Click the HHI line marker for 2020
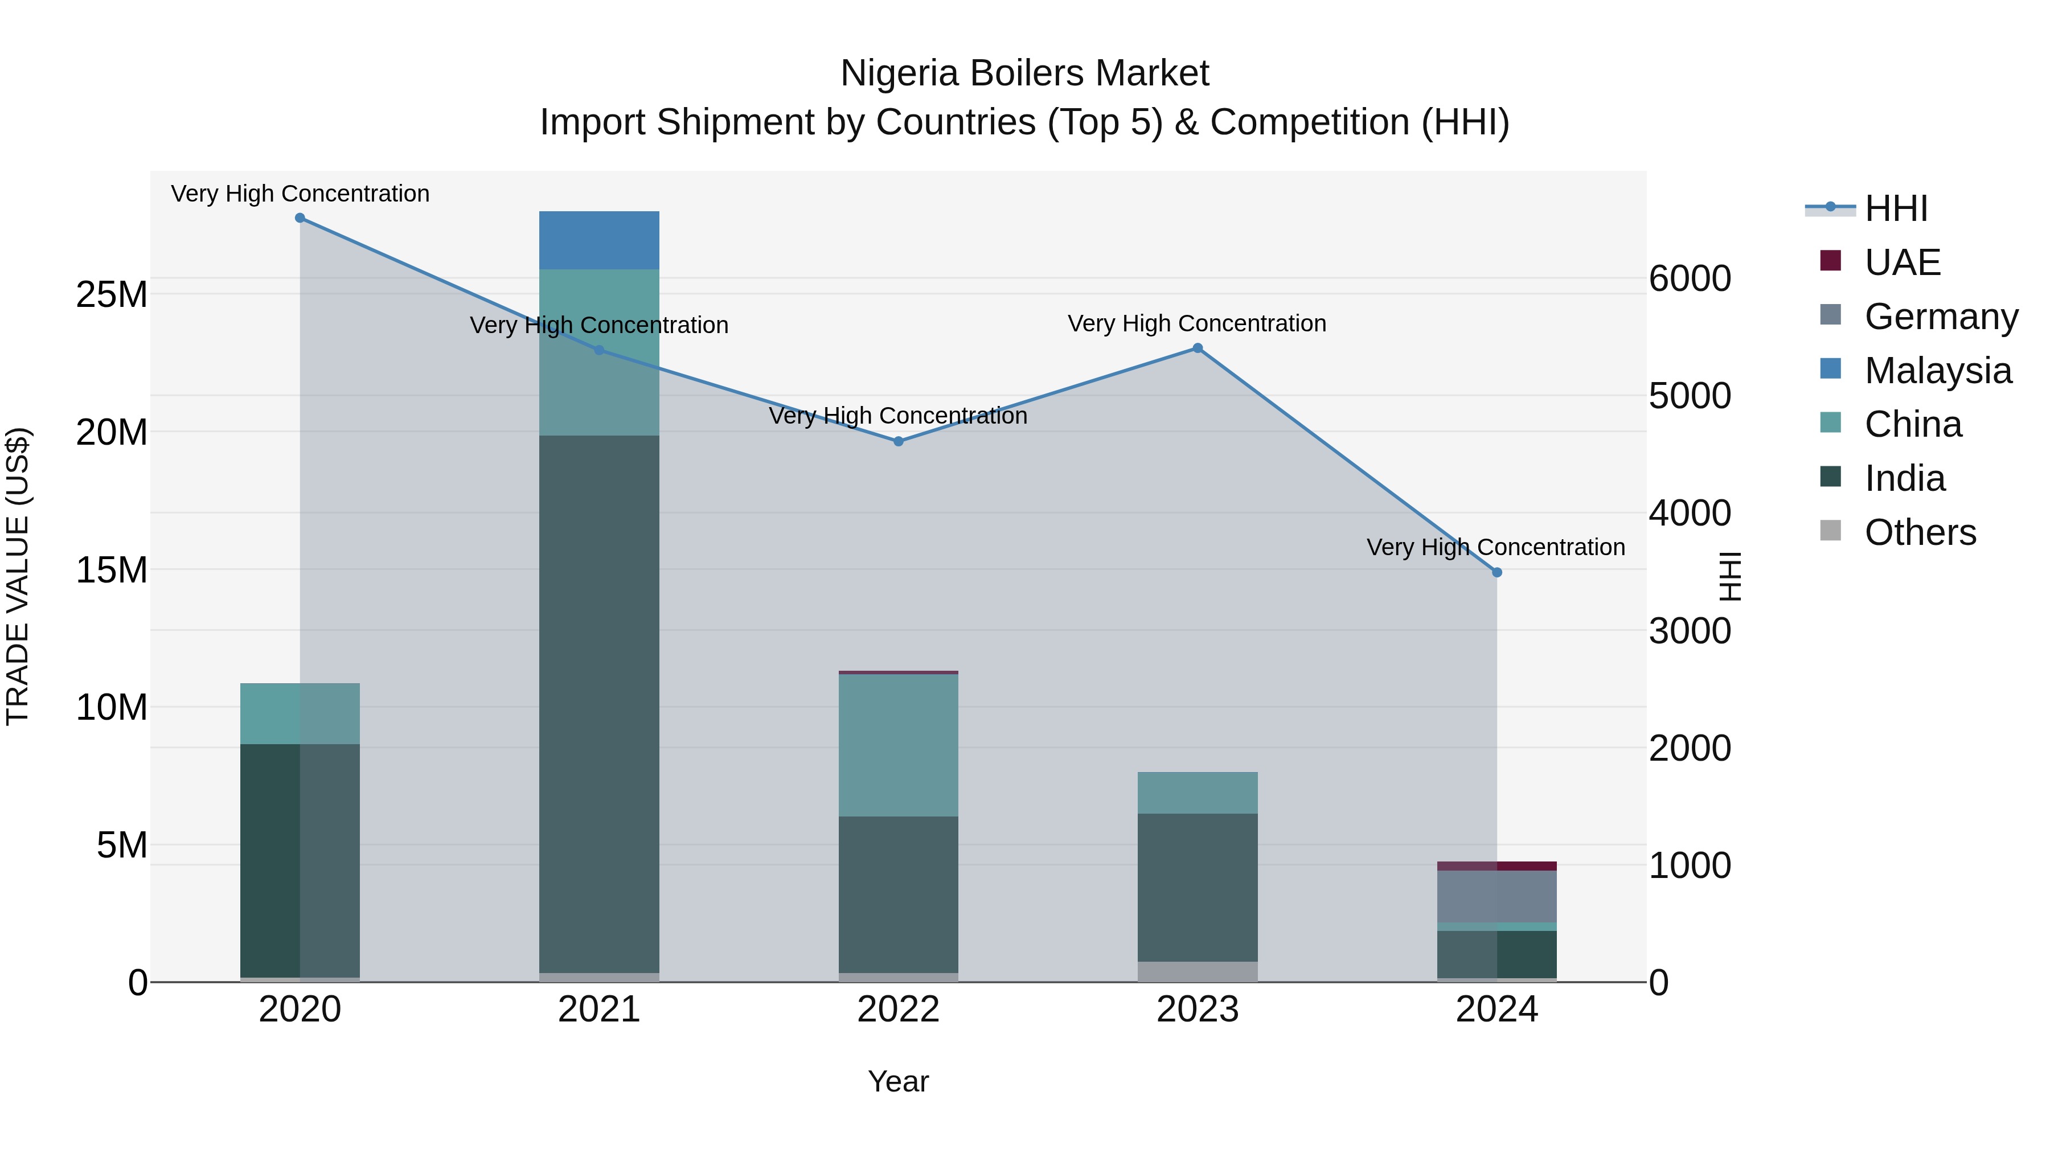click(x=300, y=218)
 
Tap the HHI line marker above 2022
click(x=899, y=441)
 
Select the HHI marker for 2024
click(x=1497, y=572)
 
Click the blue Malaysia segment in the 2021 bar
click(x=599, y=240)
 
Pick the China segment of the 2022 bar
click(x=899, y=745)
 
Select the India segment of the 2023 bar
click(x=1198, y=887)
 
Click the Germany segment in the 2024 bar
click(x=1497, y=896)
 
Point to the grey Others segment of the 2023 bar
click(x=1198, y=971)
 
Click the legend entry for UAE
click(x=1902, y=262)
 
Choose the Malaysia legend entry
click(x=1937, y=370)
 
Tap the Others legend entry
click(x=1920, y=532)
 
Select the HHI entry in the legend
click(x=1896, y=208)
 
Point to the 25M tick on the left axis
click(x=112, y=294)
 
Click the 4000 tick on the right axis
click(x=1690, y=513)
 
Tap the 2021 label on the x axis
click(x=599, y=1010)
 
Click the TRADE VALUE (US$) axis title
click(x=18, y=576)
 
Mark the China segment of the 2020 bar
click(x=300, y=713)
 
